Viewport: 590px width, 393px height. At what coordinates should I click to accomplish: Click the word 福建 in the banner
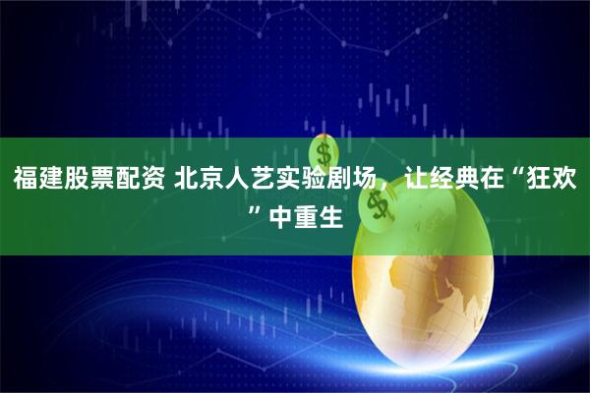coord(37,179)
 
